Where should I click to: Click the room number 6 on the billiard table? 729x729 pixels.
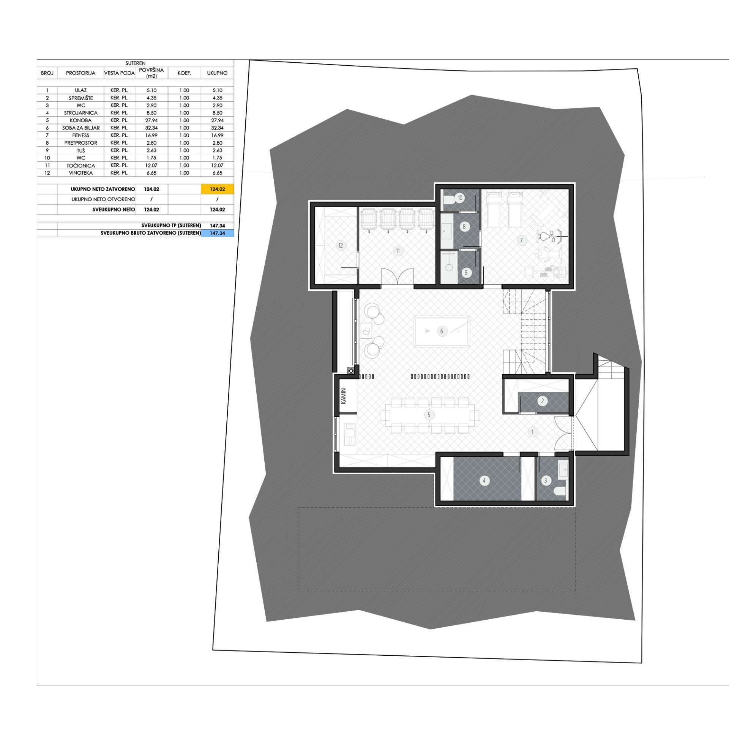441,331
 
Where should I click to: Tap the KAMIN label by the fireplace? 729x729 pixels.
344,396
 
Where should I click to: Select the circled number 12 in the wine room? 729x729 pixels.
340,246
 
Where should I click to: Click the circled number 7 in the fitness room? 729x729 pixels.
521,240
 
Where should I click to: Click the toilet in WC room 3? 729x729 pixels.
560,492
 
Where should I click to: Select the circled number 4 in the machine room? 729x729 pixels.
484,481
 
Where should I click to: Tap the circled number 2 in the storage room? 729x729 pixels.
542,401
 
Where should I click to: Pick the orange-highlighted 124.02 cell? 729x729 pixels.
217,189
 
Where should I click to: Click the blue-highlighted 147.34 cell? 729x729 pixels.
217,233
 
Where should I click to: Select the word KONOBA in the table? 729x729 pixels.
80,120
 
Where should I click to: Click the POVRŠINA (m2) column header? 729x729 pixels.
151,73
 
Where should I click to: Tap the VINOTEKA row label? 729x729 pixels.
80,173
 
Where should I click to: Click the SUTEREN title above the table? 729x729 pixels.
136,63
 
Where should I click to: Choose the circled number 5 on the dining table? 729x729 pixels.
429,415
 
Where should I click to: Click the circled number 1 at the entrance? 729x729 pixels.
532,432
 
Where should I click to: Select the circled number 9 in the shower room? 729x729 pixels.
466,273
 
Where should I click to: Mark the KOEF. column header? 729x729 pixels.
184,73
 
